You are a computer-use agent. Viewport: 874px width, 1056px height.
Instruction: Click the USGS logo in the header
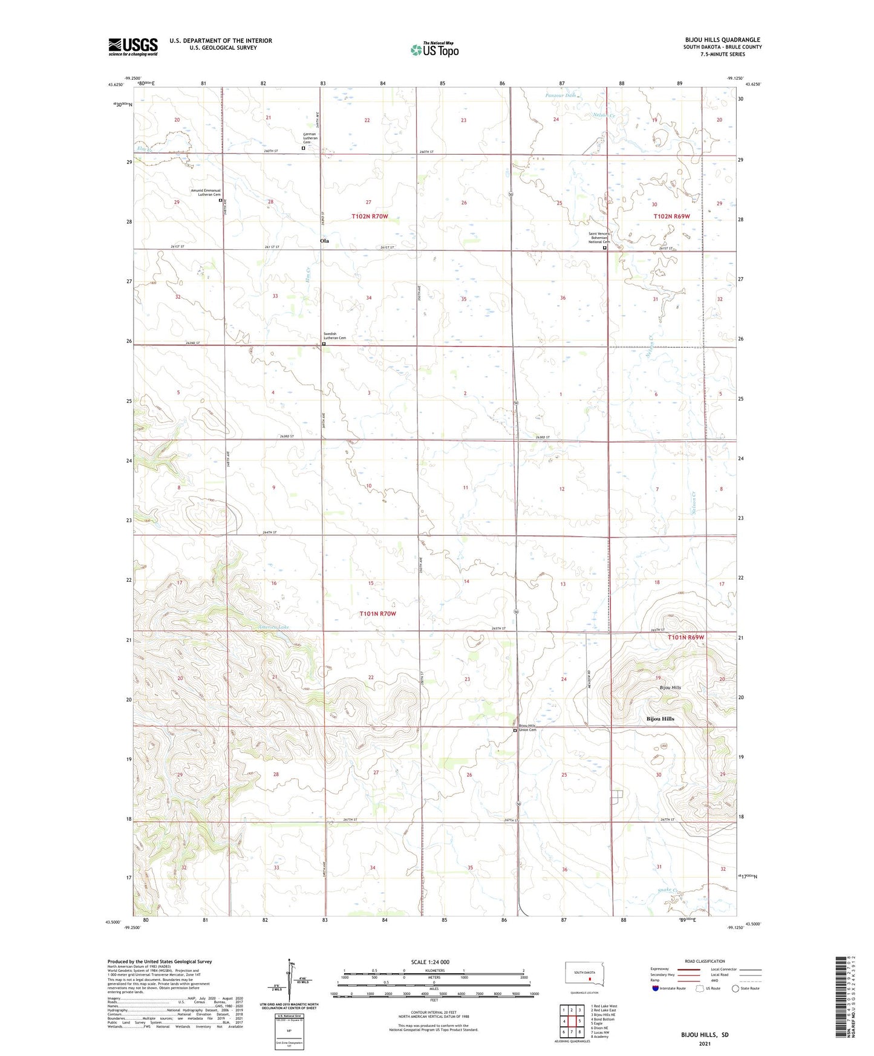(x=133, y=47)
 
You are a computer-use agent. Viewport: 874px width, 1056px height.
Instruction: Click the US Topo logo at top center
(x=434, y=49)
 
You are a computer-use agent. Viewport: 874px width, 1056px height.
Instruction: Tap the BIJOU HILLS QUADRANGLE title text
(x=722, y=39)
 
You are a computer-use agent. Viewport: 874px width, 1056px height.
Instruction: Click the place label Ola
(x=324, y=241)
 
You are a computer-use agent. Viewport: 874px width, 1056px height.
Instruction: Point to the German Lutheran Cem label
(x=310, y=139)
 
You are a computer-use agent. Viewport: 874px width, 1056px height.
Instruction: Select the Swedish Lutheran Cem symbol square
(x=324, y=344)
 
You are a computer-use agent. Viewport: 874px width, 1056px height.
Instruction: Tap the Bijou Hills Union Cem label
(x=527, y=728)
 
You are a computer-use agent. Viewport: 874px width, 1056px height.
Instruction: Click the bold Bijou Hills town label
(x=660, y=719)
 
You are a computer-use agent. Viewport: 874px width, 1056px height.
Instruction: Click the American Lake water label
(x=273, y=627)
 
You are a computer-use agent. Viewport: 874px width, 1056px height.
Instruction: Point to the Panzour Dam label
(x=560, y=96)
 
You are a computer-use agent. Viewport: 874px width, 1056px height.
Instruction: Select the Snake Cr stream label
(x=666, y=890)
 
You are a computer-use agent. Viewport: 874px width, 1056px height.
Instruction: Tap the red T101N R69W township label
(x=686, y=637)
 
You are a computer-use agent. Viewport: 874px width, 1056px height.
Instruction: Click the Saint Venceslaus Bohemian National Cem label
(x=602, y=238)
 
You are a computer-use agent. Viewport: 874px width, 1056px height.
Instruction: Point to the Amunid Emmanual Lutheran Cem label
(x=206, y=192)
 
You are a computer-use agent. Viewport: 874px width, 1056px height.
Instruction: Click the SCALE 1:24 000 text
(x=430, y=962)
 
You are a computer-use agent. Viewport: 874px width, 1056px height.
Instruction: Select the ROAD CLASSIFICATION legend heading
(x=705, y=961)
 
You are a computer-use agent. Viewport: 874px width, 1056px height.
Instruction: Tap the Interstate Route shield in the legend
(x=656, y=988)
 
